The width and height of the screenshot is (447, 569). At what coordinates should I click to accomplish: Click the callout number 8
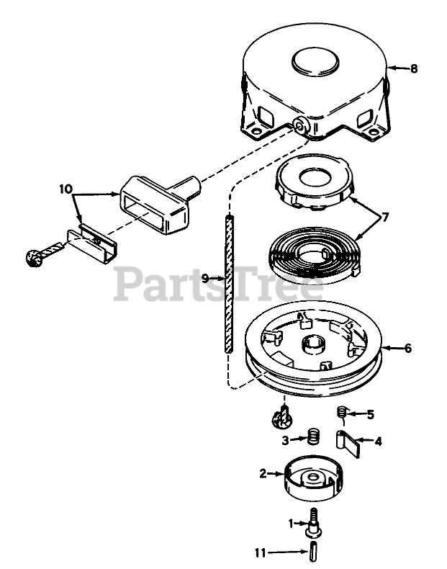click(x=414, y=69)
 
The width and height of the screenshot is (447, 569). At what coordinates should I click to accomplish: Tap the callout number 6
click(x=407, y=349)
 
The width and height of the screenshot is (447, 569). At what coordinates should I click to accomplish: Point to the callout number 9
click(x=205, y=277)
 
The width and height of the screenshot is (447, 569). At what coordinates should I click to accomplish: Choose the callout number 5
click(x=371, y=414)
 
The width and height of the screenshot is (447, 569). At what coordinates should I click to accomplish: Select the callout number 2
click(x=263, y=473)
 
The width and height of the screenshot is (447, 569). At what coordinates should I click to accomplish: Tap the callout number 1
click(x=291, y=524)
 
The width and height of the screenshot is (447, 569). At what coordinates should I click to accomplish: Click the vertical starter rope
click(x=229, y=284)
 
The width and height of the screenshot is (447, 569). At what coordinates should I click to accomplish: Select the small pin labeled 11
click(x=315, y=553)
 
